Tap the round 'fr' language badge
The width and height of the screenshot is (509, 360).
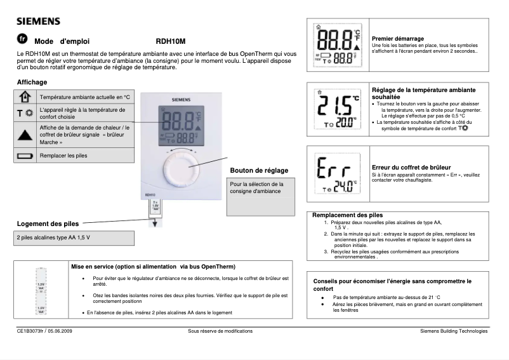coord(23,39)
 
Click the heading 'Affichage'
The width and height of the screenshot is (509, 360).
coord(32,83)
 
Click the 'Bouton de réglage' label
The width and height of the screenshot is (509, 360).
coord(258,171)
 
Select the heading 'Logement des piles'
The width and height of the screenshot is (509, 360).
coord(48,223)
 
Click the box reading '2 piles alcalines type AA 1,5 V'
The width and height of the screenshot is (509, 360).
coord(76,237)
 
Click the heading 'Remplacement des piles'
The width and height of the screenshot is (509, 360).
coord(348,215)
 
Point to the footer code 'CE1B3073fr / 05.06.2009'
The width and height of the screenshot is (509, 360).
coord(45,331)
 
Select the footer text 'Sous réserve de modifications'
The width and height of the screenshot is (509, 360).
coord(220,331)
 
